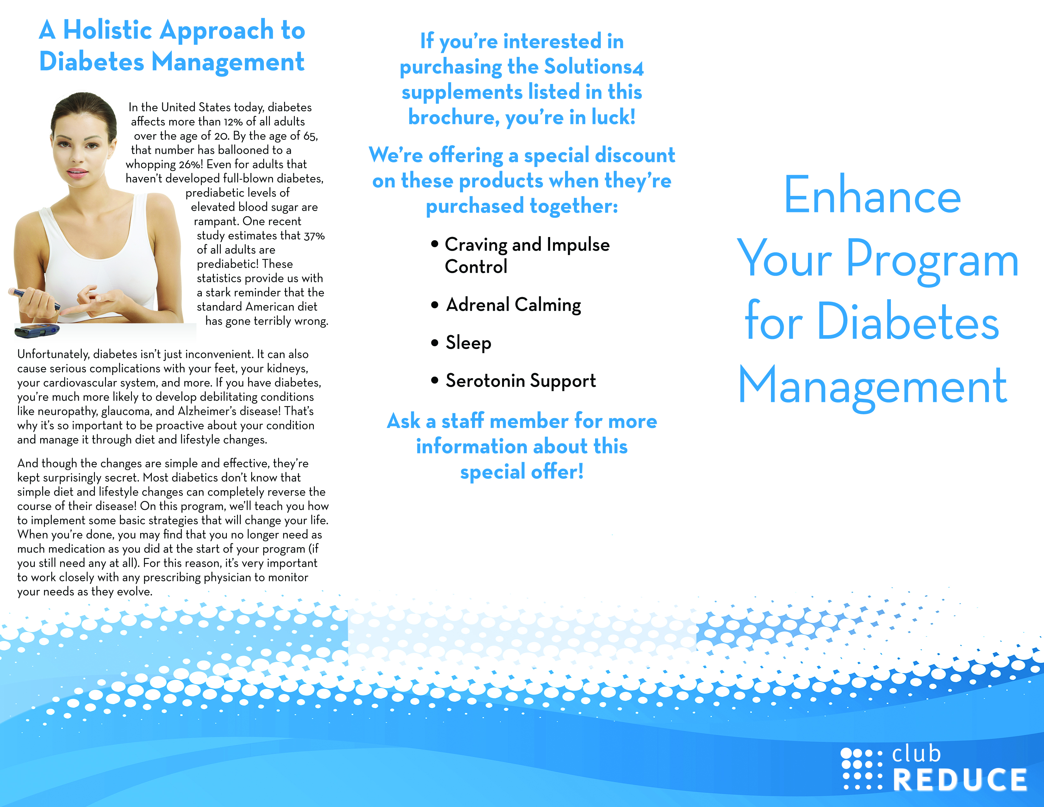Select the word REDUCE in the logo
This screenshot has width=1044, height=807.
960,780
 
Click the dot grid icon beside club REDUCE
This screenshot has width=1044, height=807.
862,768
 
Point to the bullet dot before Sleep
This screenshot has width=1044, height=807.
434,342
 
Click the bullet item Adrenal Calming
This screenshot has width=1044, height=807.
513,305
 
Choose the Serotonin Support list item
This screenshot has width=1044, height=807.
520,381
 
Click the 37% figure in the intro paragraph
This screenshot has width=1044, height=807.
314,236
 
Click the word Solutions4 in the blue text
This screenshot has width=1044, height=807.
594,67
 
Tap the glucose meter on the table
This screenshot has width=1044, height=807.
37,330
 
